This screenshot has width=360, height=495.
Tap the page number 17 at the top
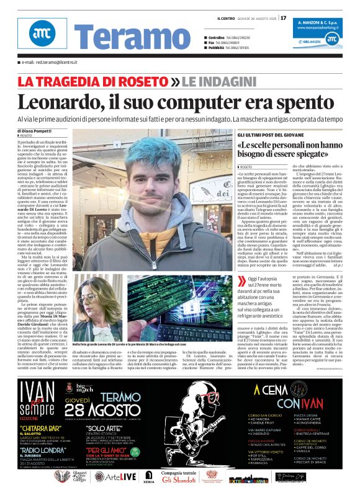pos(284,17)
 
